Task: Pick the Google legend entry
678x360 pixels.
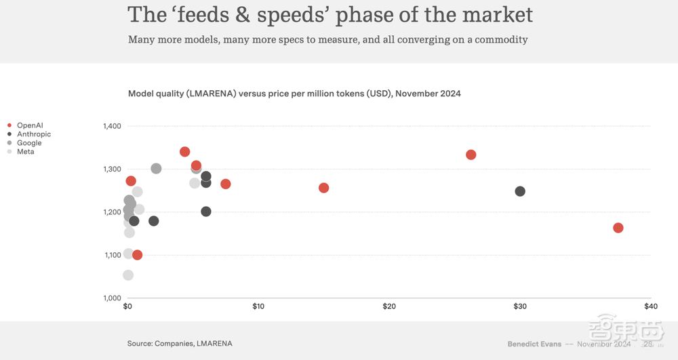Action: pos(29,143)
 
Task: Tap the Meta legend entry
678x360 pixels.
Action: pos(26,152)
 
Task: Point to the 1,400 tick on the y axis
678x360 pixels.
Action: pos(112,126)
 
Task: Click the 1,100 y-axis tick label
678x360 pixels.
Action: pos(112,255)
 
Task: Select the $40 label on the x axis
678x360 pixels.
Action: pos(650,306)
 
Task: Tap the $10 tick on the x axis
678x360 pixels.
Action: pos(258,306)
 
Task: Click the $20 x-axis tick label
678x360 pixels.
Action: pos(389,306)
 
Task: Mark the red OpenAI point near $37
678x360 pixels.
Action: pos(618,228)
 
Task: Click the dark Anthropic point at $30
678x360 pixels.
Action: pos(520,191)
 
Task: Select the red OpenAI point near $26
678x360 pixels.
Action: pos(471,155)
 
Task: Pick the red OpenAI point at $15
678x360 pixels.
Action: pos(323,188)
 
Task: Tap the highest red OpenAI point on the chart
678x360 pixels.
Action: pos(185,152)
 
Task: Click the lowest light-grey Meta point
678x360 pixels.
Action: pos(128,275)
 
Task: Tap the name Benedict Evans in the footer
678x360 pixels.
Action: pos(534,344)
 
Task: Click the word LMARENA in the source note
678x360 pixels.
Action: pos(214,344)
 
